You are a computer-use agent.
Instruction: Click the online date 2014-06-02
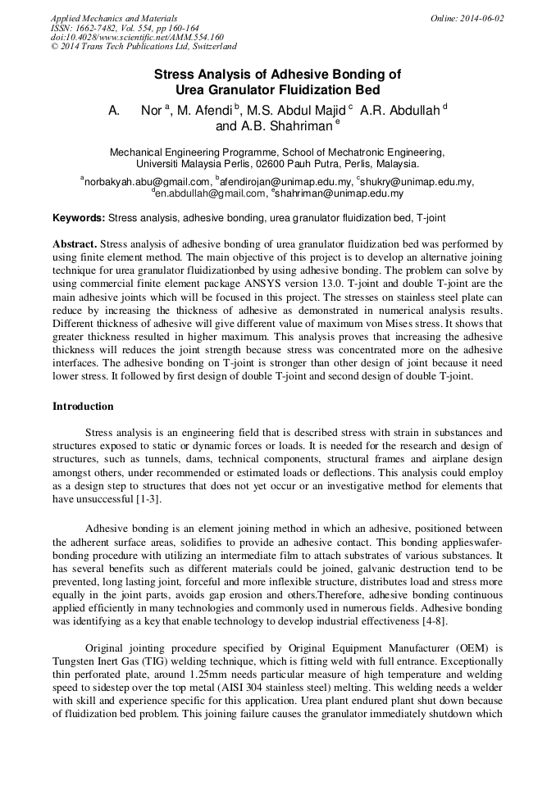(x=480, y=18)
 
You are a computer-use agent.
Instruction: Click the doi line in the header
(x=137, y=37)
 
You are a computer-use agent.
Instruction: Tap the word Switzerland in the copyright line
(x=211, y=47)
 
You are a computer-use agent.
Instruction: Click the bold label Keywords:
(x=79, y=219)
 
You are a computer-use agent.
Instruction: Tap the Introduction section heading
(x=83, y=407)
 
